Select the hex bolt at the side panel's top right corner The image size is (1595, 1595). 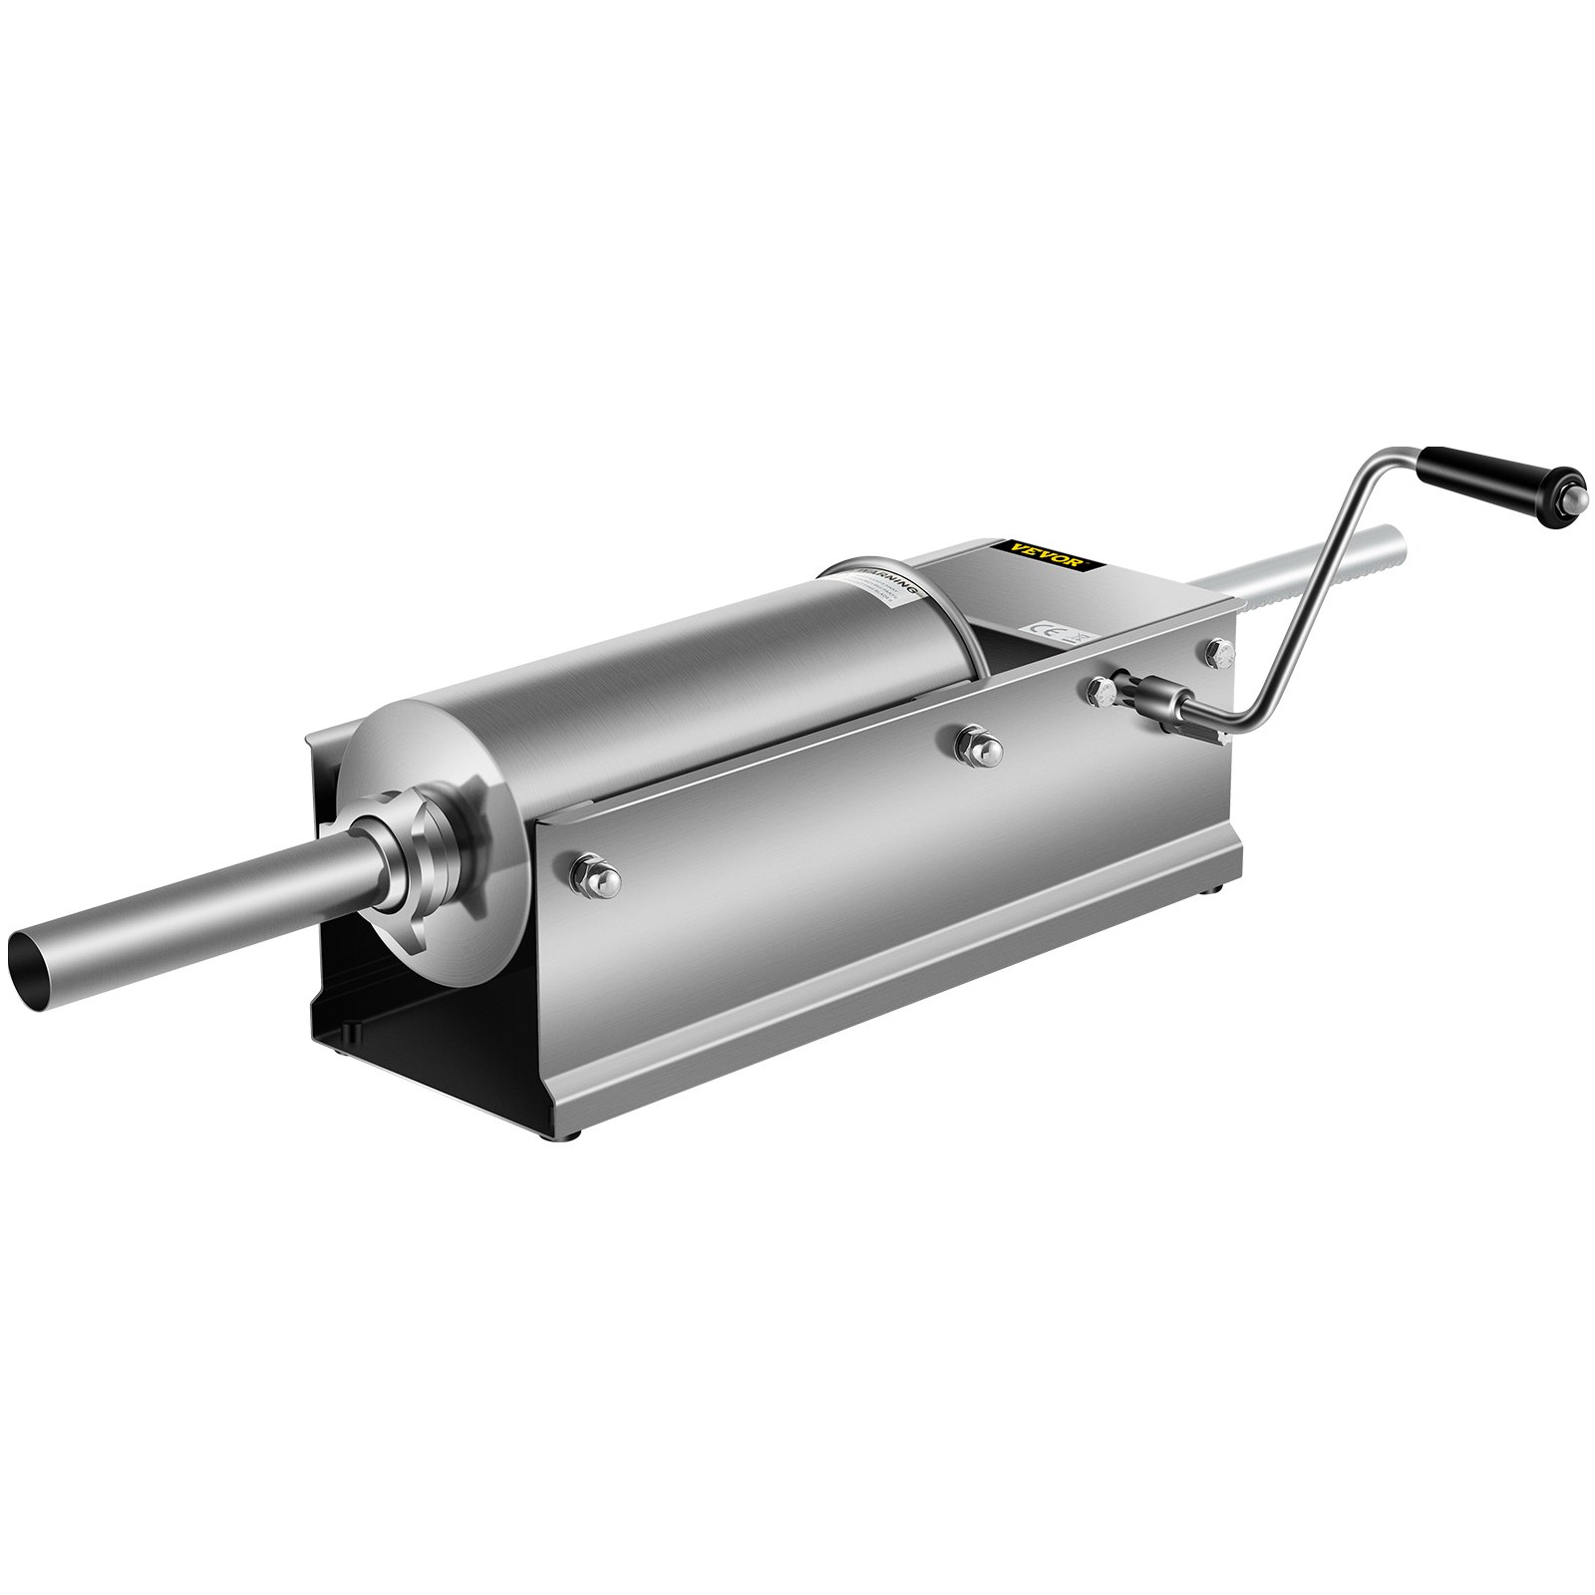click(x=1219, y=653)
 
